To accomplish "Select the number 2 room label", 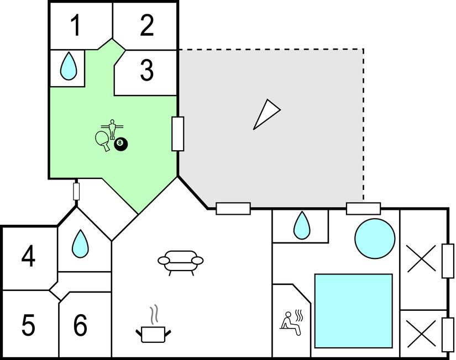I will point(146,25).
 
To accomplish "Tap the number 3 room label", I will point(146,71).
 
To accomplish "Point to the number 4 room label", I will point(28,256).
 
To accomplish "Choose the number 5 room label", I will point(28,325).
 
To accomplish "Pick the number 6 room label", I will point(81,325).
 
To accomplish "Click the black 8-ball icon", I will point(121,145).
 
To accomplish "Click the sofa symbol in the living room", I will point(181,262).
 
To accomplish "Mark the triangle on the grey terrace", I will point(266,115).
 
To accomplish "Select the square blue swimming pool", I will point(353,310).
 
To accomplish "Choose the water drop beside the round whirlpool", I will point(301,225).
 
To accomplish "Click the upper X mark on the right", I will point(421,258).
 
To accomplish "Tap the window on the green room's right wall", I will point(178,134).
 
